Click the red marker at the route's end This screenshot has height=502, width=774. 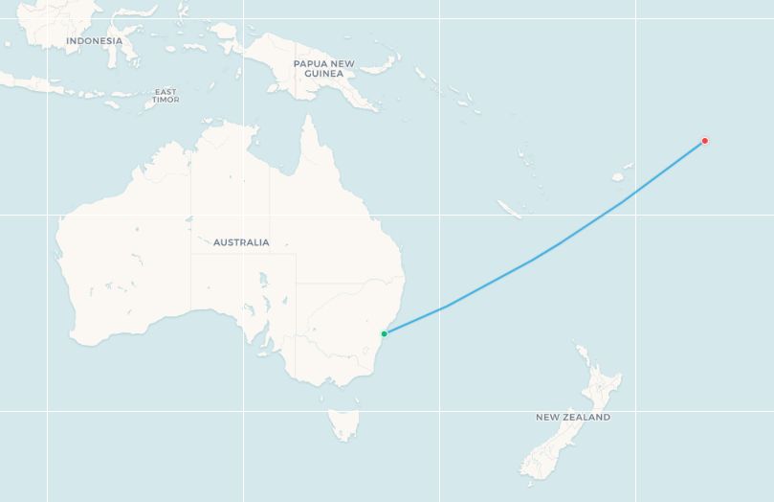coord(705,141)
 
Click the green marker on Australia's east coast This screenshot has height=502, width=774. coord(384,333)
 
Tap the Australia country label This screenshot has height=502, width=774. coord(241,242)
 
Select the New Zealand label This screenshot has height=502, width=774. coord(572,417)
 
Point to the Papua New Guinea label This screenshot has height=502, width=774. coord(323,68)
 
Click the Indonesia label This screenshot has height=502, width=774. coord(94,41)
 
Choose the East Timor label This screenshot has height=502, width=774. coord(165,96)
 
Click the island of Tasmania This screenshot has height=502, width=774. coord(343,422)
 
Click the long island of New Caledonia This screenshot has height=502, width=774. coord(510,209)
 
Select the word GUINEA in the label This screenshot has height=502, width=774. coord(323,74)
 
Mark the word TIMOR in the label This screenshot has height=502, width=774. coord(165,100)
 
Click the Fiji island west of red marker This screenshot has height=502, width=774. coord(618,176)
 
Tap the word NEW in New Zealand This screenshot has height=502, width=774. coord(546,417)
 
